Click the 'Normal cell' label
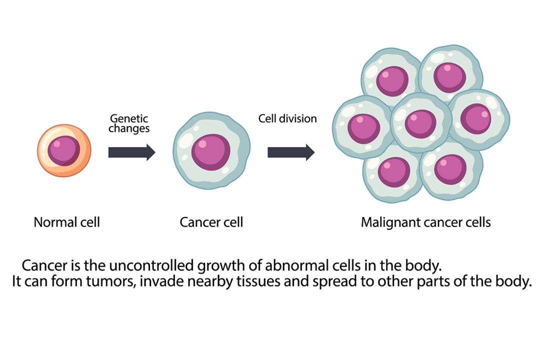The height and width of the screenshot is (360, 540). (66, 222)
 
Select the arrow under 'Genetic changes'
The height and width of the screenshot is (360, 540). (131, 152)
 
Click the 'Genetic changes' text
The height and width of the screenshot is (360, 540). (129, 123)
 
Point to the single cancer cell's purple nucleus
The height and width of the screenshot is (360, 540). (211, 152)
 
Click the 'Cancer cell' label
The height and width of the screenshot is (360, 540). (211, 222)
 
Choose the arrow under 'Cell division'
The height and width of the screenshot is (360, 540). (290, 152)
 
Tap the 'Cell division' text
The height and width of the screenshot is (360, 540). (287, 118)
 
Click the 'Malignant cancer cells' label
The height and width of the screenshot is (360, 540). (426, 222)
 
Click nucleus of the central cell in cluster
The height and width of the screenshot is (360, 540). (420, 124)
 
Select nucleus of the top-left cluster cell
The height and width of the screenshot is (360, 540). (392, 81)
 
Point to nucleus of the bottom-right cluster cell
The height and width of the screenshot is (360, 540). (450, 169)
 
